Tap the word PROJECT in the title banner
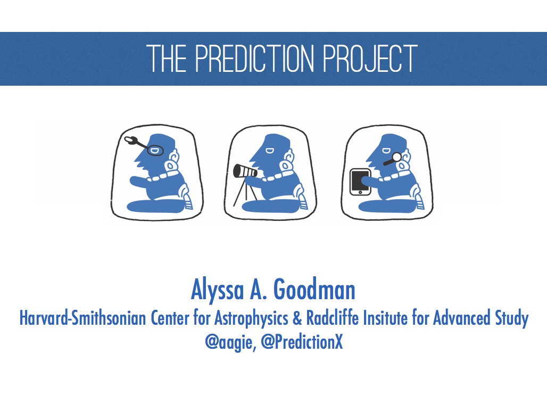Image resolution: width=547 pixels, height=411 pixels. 370,58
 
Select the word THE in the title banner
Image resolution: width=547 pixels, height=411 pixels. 167,58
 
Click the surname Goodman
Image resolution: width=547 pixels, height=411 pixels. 314,290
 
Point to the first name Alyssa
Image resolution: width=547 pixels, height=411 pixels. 217,291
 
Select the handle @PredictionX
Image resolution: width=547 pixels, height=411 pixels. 302,342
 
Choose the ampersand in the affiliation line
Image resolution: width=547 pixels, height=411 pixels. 297,318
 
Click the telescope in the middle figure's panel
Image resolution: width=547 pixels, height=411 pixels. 245,170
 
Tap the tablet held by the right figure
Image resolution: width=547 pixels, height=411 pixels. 360,182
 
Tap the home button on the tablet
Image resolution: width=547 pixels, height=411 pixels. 360,192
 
